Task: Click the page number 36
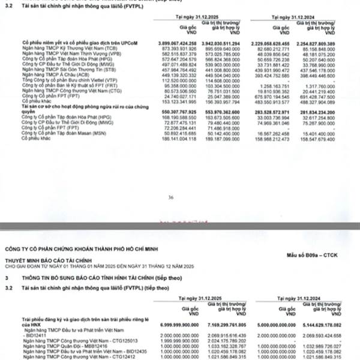click(171, 197)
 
